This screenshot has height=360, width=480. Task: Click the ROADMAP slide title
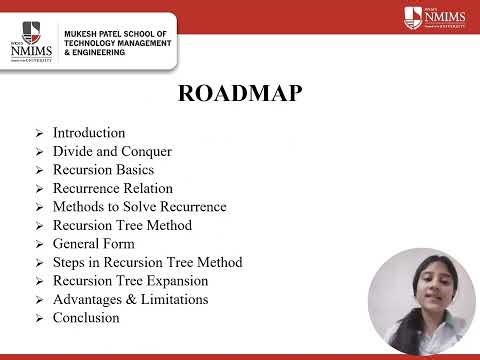(x=240, y=94)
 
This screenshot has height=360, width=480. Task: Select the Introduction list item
(x=89, y=133)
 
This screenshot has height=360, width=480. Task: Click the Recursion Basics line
(x=103, y=170)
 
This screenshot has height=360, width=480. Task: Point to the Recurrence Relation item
(x=112, y=188)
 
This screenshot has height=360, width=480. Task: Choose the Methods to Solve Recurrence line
(x=139, y=207)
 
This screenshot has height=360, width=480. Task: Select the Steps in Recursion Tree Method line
(x=147, y=262)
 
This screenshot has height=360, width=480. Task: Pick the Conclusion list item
(x=86, y=318)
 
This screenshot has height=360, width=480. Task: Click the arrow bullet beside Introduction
(x=38, y=134)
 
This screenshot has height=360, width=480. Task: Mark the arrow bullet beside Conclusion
(x=38, y=319)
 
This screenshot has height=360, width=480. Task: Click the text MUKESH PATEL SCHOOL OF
(x=116, y=34)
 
